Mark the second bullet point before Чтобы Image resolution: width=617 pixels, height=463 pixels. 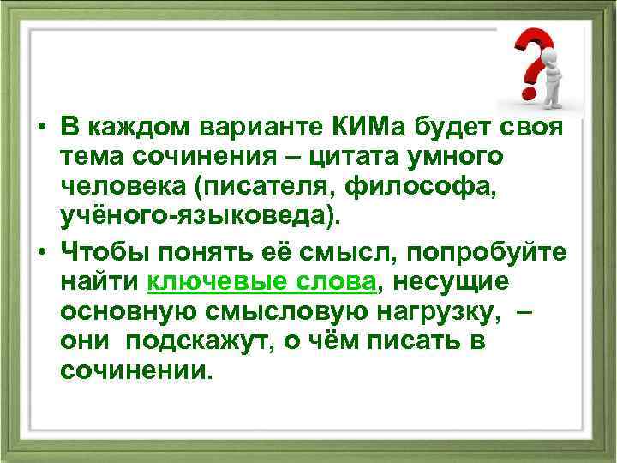(41, 254)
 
